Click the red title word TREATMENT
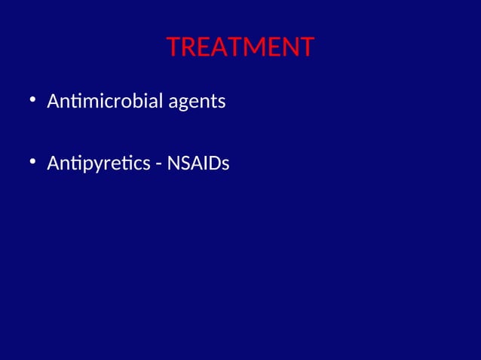(x=240, y=47)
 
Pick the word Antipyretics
(x=99, y=163)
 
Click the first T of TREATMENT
(x=173, y=47)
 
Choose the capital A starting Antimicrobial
(x=53, y=100)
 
